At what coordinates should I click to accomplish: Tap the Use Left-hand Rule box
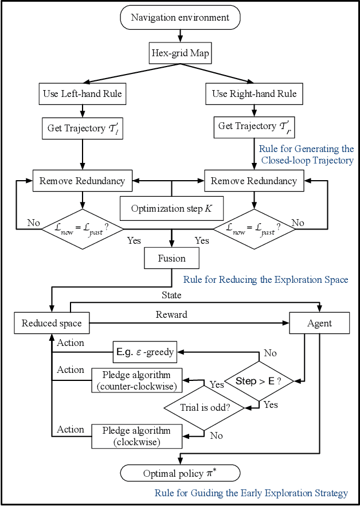(x=83, y=94)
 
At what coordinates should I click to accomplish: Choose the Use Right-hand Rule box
(x=254, y=94)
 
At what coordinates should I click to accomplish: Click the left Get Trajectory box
(x=83, y=128)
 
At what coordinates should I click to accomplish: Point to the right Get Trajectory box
(x=254, y=126)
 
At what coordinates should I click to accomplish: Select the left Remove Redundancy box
(x=83, y=181)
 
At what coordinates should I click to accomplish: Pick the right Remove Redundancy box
(x=254, y=181)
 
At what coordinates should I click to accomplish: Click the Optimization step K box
(x=171, y=208)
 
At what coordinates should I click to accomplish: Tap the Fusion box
(x=172, y=258)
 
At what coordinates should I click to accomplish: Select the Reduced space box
(x=52, y=323)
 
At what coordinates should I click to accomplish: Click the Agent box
(x=319, y=323)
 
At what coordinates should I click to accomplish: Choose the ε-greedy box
(x=144, y=352)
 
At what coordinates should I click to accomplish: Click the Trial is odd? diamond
(x=204, y=408)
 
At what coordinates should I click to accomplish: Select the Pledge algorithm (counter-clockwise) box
(x=136, y=380)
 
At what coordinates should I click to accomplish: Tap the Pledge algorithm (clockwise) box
(x=136, y=435)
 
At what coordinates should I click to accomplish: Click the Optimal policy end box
(x=180, y=473)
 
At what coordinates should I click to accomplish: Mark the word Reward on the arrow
(x=171, y=314)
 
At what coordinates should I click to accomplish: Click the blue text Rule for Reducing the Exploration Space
(x=265, y=280)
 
